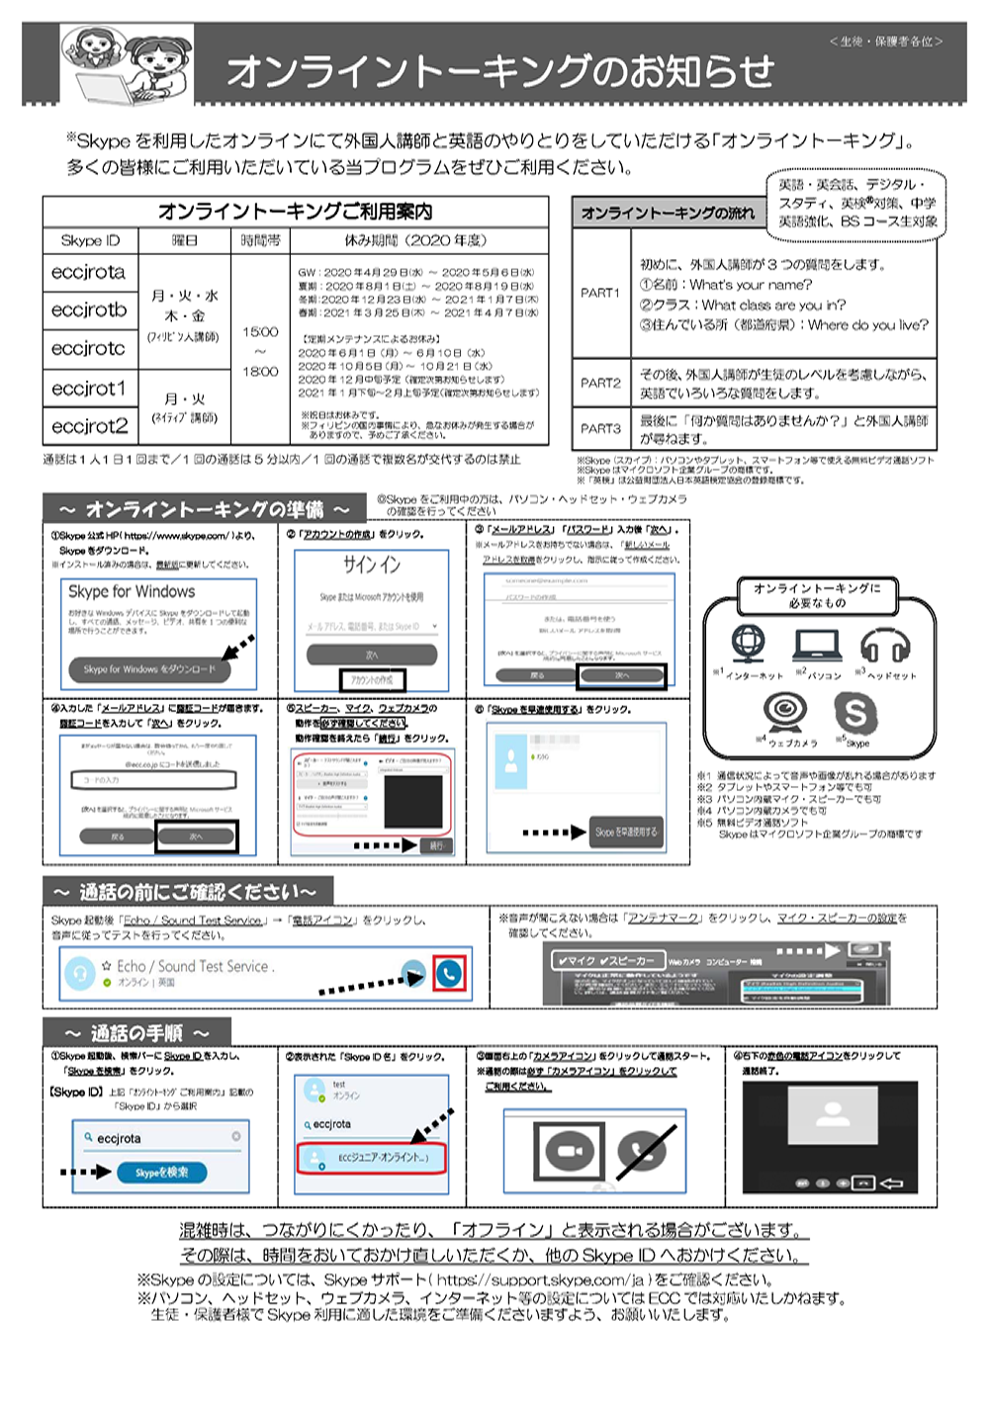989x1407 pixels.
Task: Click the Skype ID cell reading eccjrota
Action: [x=89, y=272]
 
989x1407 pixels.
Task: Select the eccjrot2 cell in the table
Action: [x=90, y=426]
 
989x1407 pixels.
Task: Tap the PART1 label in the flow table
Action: [x=600, y=293]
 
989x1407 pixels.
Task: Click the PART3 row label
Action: [x=600, y=428]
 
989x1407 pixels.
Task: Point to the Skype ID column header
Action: [x=90, y=240]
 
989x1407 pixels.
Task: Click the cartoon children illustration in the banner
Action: [x=127, y=62]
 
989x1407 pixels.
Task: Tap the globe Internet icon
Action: [x=748, y=644]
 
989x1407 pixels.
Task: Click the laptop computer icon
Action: [x=818, y=645]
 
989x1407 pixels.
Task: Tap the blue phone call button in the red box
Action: [x=449, y=974]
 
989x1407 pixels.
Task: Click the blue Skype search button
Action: [x=162, y=1173]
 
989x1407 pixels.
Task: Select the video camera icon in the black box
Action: [x=568, y=1152]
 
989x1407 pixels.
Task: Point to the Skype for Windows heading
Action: [x=132, y=591]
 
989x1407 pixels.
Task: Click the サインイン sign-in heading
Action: [x=372, y=565]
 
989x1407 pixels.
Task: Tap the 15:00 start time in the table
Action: [x=260, y=332]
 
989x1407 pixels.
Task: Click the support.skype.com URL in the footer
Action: [x=560, y=1279]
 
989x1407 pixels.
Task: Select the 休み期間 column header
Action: [x=415, y=240]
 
